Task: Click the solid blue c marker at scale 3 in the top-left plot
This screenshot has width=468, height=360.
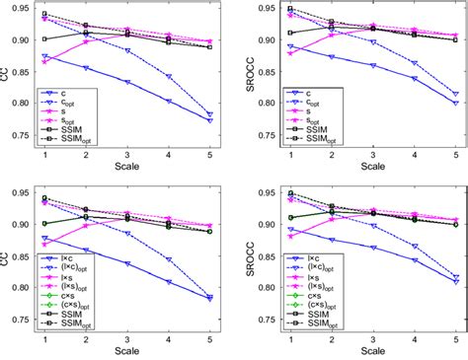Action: [x=128, y=82]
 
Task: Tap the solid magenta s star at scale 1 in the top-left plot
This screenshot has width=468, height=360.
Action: [x=45, y=61]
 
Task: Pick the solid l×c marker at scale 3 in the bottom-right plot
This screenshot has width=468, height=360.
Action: [x=372, y=248]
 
